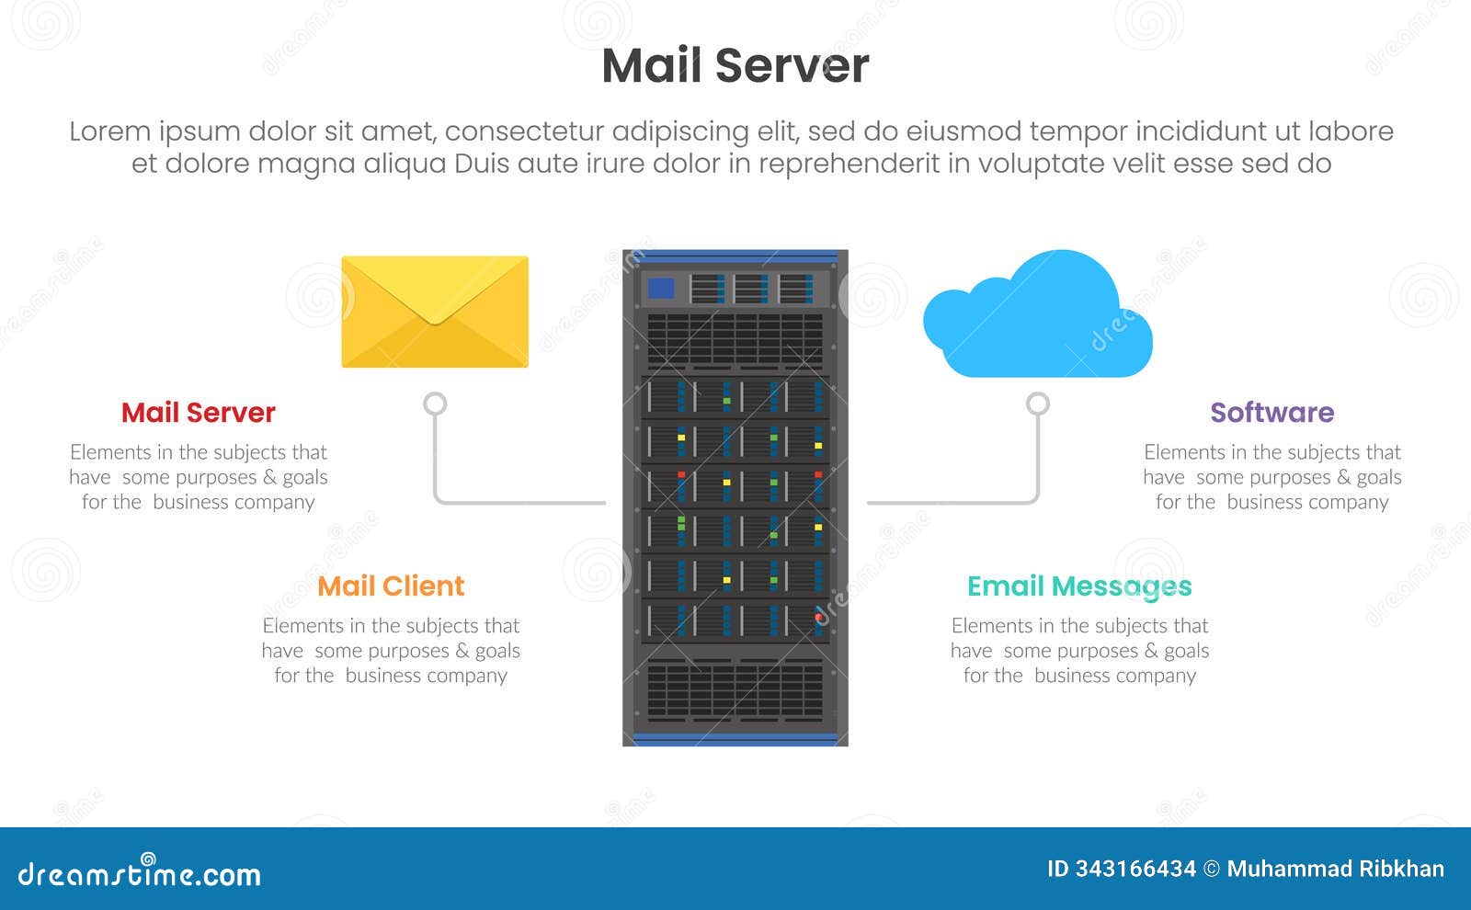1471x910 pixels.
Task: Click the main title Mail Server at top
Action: click(735, 66)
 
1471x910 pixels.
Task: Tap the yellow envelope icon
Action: click(435, 312)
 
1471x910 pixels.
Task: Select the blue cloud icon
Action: click(1037, 317)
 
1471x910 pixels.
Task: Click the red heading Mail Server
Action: click(198, 413)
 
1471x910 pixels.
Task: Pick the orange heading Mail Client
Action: click(391, 586)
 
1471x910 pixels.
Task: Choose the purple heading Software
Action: click(1271, 413)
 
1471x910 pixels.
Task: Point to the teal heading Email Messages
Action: click(1079, 586)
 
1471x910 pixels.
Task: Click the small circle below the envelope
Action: click(435, 404)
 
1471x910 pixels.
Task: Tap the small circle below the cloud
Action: click(1037, 404)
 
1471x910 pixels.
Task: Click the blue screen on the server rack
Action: click(660, 289)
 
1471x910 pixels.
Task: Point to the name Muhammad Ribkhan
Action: click(1335, 869)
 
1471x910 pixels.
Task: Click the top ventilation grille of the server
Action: click(735, 340)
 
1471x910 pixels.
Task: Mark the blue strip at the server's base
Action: click(735, 739)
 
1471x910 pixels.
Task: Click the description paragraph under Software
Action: click(1271, 477)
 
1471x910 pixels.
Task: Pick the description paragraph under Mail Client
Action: click(391, 651)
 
